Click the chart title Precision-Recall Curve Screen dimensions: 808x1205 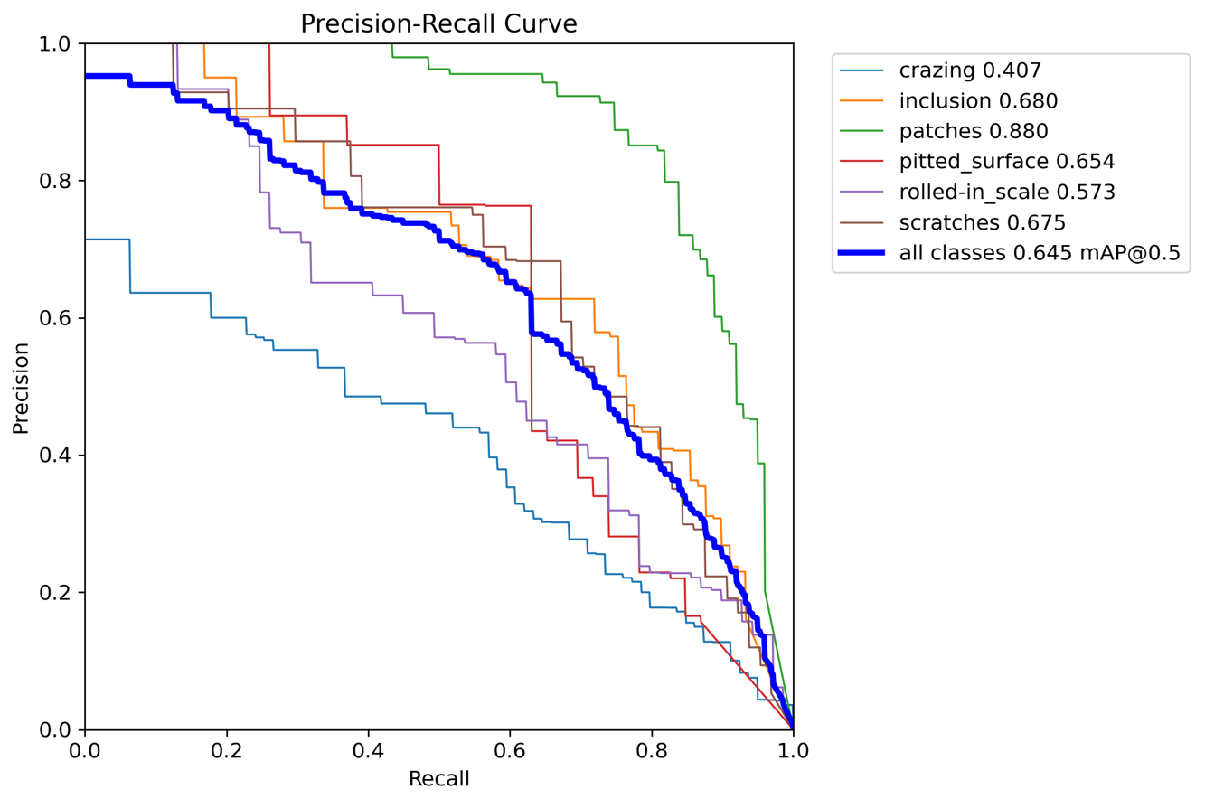(438, 24)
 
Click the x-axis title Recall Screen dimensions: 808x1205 (438, 778)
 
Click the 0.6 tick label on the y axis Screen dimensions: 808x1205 (55, 318)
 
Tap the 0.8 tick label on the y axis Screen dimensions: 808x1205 (55, 181)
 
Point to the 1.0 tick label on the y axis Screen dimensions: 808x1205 (55, 43)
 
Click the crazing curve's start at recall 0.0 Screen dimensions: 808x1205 (86, 240)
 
